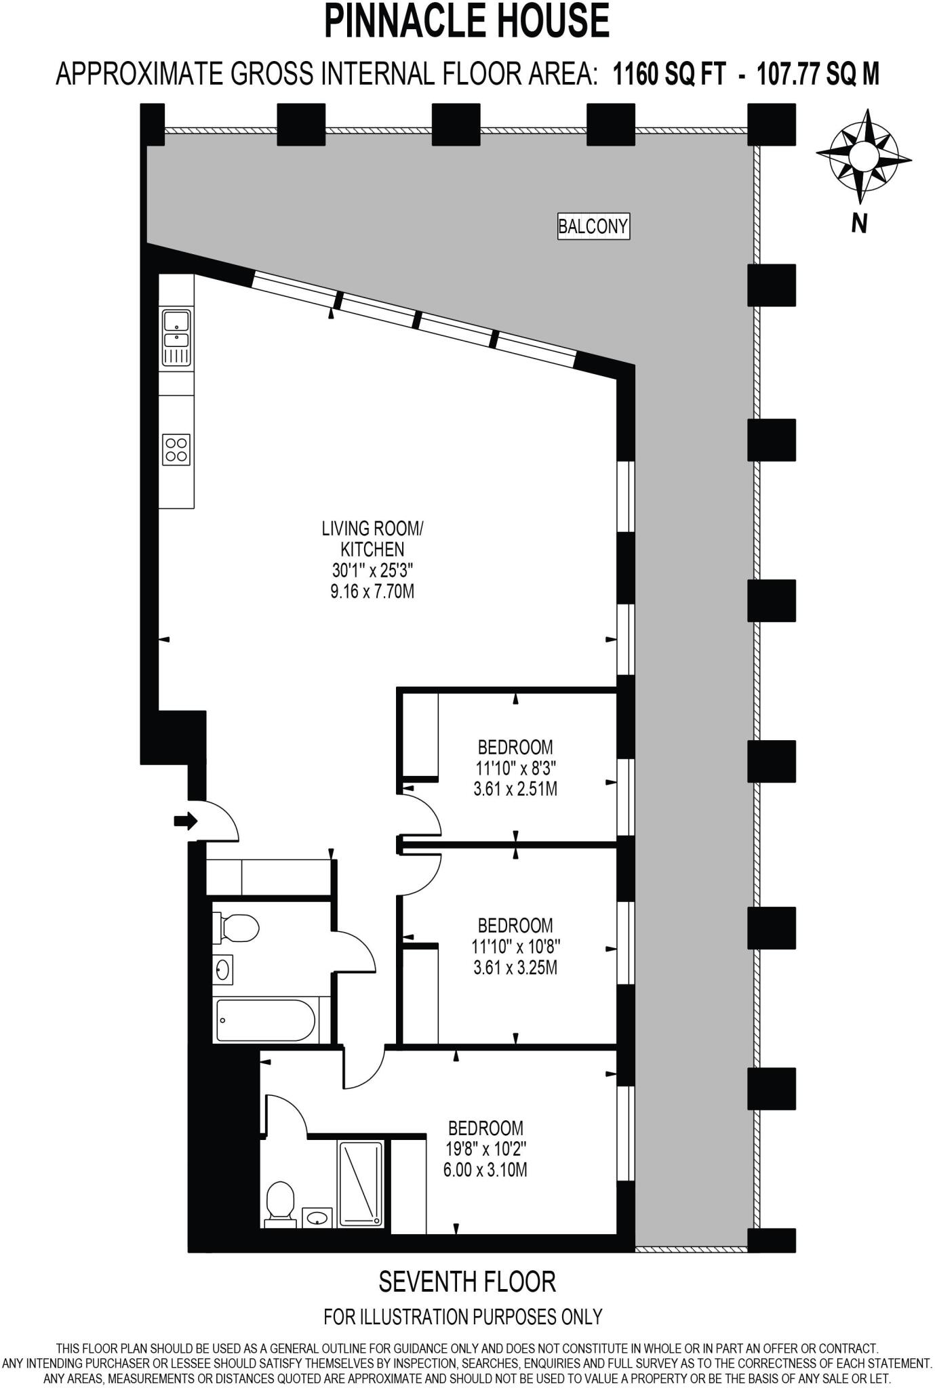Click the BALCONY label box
(593, 226)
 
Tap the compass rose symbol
(862, 156)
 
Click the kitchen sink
(176, 337)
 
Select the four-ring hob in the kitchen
(176, 449)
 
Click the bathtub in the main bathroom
(266, 1021)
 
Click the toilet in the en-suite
(280, 1204)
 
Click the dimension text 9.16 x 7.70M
(372, 591)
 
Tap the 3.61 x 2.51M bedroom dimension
(515, 789)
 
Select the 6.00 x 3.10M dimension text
(485, 1170)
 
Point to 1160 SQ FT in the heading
(670, 73)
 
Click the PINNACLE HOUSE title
(467, 21)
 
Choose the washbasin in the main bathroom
(223, 971)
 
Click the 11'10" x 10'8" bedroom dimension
(516, 946)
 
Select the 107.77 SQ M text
(818, 73)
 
